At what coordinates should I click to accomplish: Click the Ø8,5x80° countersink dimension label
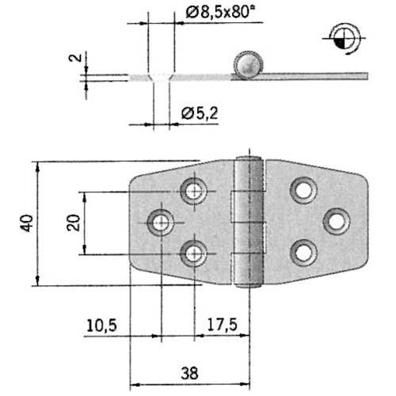tap(215, 13)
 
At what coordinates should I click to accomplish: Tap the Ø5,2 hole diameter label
tap(199, 114)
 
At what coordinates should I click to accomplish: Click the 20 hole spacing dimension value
tap(72, 223)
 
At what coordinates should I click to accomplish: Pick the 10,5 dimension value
tap(101, 325)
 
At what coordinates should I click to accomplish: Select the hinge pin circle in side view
tap(246, 63)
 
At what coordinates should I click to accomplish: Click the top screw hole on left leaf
tap(193, 190)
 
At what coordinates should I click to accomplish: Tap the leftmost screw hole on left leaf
tap(162, 223)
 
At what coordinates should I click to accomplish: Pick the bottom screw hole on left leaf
tap(193, 254)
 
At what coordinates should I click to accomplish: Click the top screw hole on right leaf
tap(303, 190)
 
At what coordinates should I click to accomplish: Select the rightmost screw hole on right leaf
tap(337, 221)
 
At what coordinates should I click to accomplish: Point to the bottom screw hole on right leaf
tap(303, 253)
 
